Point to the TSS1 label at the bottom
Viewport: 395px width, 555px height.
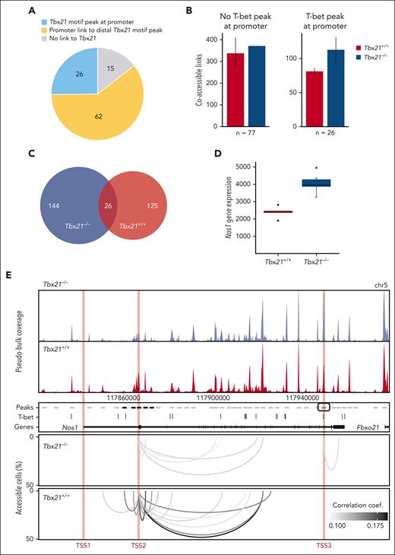[83, 546]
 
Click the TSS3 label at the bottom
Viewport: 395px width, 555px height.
[324, 546]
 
